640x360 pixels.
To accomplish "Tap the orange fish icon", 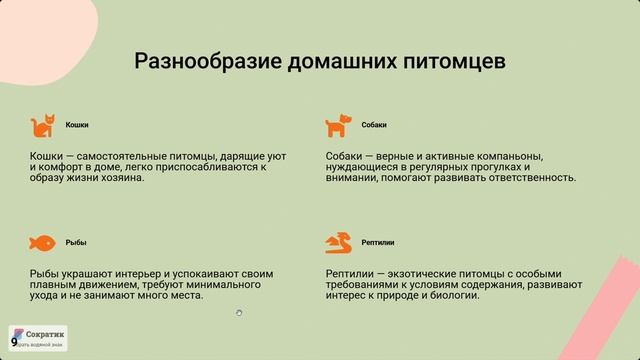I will [43, 242].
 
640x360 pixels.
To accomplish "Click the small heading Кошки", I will [77, 126].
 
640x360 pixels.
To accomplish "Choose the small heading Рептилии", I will [378, 242].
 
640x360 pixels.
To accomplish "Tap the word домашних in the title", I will [337, 62].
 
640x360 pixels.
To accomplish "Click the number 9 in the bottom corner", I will [14, 341].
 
